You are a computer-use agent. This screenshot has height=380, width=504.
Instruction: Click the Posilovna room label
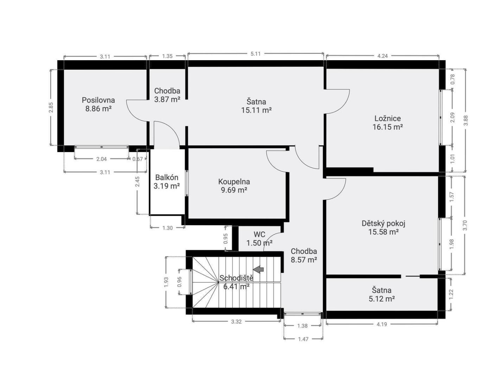(98, 100)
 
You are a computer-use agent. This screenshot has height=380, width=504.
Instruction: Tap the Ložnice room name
(388, 119)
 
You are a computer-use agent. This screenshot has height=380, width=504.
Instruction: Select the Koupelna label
(234, 182)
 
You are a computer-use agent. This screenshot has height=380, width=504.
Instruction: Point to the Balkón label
(167, 177)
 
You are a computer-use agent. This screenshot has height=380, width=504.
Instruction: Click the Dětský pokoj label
(383, 223)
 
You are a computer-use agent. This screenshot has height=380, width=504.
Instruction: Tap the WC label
(260, 234)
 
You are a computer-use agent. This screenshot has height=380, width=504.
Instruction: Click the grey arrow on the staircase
(258, 269)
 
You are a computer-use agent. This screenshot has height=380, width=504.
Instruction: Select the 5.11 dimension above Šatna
(256, 54)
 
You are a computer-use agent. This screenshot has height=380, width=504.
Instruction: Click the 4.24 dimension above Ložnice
(383, 56)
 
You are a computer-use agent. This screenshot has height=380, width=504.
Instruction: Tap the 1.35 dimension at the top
(167, 56)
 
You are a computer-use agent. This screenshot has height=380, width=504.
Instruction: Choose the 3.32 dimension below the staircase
(236, 322)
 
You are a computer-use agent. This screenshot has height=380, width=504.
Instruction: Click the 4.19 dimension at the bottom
(382, 324)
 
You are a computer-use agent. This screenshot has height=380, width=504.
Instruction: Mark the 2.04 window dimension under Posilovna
(101, 159)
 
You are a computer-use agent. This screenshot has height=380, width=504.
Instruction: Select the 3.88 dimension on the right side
(466, 120)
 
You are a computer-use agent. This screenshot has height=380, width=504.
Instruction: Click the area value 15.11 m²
(256, 110)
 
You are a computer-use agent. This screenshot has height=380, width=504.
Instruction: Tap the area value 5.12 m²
(382, 299)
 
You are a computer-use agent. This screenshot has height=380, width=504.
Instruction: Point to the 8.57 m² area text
(304, 260)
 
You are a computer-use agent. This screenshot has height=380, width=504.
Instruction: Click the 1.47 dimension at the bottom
(303, 339)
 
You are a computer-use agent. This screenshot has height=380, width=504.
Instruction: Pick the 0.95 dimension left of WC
(226, 239)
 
